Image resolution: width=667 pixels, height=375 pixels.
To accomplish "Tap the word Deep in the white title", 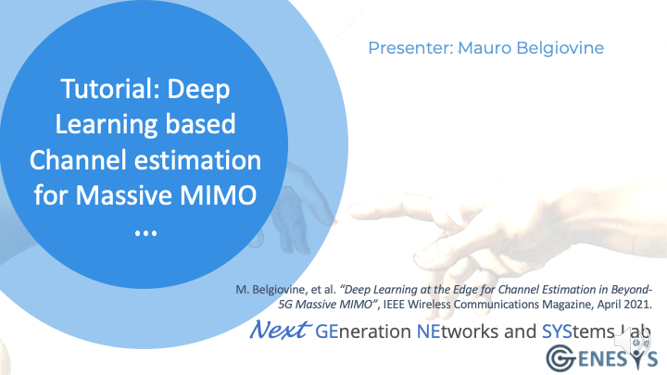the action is pyautogui.click(x=198, y=90).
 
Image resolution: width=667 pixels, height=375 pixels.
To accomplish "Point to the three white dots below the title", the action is pyautogui.click(x=146, y=233).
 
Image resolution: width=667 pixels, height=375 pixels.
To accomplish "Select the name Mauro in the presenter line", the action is pyautogui.click(x=485, y=48).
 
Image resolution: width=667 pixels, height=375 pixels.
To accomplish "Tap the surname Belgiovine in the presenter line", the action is pyautogui.click(x=560, y=48).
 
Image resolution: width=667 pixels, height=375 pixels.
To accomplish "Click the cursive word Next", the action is pyautogui.click(x=279, y=330).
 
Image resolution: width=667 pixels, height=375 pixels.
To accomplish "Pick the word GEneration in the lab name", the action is pyautogui.click(x=363, y=331).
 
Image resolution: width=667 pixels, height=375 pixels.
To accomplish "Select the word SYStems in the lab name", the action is pyautogui.click(x=578, y=332).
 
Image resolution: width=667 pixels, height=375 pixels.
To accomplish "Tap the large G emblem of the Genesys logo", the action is pyautogui.click(x=561, y=358).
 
